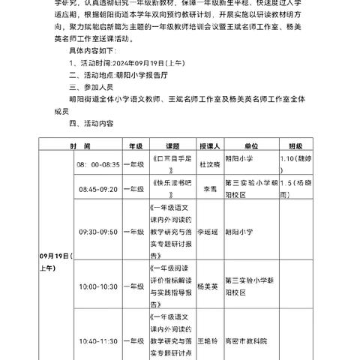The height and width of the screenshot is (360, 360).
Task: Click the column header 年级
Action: point(136,148)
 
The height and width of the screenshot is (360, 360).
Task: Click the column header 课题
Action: point(173,148)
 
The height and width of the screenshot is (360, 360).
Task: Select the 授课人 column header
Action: point(211,148)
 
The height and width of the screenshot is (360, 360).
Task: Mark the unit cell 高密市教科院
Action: point(256,340)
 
